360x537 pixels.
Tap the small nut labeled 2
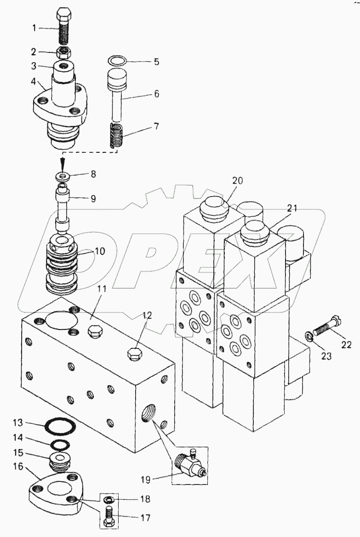(63, 52)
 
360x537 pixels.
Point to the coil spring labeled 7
(118, 136)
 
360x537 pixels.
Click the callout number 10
(100, 251)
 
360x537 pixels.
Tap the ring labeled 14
(60, 445)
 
